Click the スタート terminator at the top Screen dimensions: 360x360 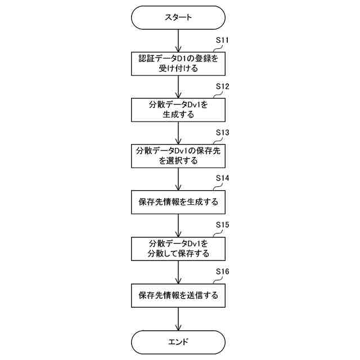[x=178, y=17]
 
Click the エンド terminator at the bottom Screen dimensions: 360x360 [x=178, y=341]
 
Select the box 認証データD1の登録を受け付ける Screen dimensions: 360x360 [x=178, y=63]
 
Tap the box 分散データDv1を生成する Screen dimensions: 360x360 [x=178, y=109]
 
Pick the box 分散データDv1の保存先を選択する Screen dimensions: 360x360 [x=178, y=155]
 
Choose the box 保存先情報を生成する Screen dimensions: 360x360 [x=178, y=201]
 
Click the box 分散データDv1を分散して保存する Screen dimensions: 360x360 [x=178, y=248]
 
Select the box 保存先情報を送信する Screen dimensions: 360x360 [x=178, y=294]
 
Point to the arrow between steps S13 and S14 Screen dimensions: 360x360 [x=178, y=178]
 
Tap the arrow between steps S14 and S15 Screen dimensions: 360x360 [x=178, y=225]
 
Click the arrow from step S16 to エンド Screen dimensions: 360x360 [x=178, y=318]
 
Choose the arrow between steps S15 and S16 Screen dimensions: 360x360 [x=178, y=271]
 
